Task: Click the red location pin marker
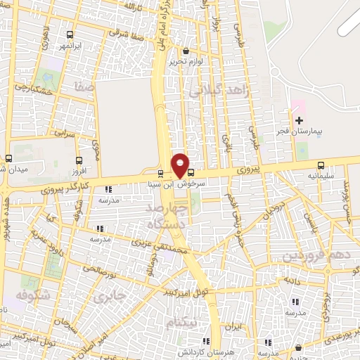click(x=181, y=165)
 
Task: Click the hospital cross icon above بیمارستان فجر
click(x=299, y=121)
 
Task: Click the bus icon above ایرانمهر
click(x=69, y=34)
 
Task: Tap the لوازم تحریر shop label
click(x=186, y=61)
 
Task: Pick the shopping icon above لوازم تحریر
click(x=186, y=51)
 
